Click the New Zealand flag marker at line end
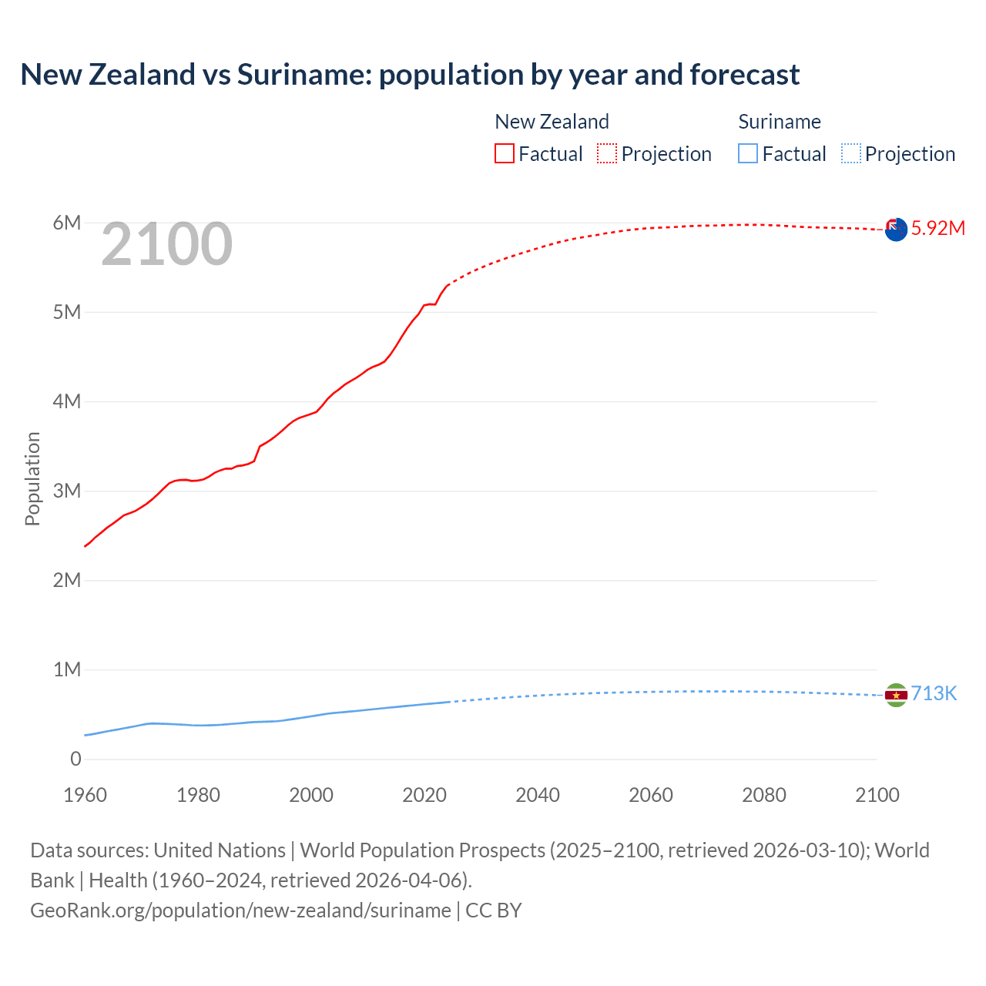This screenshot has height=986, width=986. click(x=896, y=229)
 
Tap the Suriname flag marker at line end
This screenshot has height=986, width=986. click(x=896, y=695)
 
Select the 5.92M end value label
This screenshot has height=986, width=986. click(x=937, y=228)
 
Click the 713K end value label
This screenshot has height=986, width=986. click(x=934, y=694)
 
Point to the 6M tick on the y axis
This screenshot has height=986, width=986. click(x=67, y=223)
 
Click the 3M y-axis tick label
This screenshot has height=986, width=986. click(x=67, y=491)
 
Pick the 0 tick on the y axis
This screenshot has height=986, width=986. click(x=75, y=760)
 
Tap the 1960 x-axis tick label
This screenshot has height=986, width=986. click(x=85, y=795)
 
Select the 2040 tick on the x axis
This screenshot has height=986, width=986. click(x=538, y=795)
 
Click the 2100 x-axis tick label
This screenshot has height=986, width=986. click(x=877, y=795)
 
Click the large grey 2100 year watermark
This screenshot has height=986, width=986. click(x=166, y=244)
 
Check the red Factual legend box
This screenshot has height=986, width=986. click(x=505, y=154)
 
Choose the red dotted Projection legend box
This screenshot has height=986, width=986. click(x=607, y=154)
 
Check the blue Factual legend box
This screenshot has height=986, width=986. click(x=748, y=154)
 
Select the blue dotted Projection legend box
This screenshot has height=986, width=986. click(x=850, y=154)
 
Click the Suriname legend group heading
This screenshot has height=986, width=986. click(x=780, y=122)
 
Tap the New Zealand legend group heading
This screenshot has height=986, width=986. click(x=552, y=122)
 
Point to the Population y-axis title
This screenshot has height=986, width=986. click(x=32, y=478)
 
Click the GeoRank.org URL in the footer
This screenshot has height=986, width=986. click(x=240, y=911)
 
